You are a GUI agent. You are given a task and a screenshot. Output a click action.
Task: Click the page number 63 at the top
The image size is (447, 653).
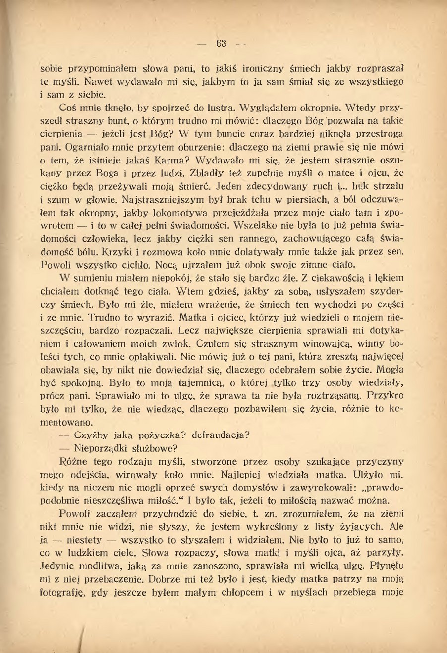pos(221,43)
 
